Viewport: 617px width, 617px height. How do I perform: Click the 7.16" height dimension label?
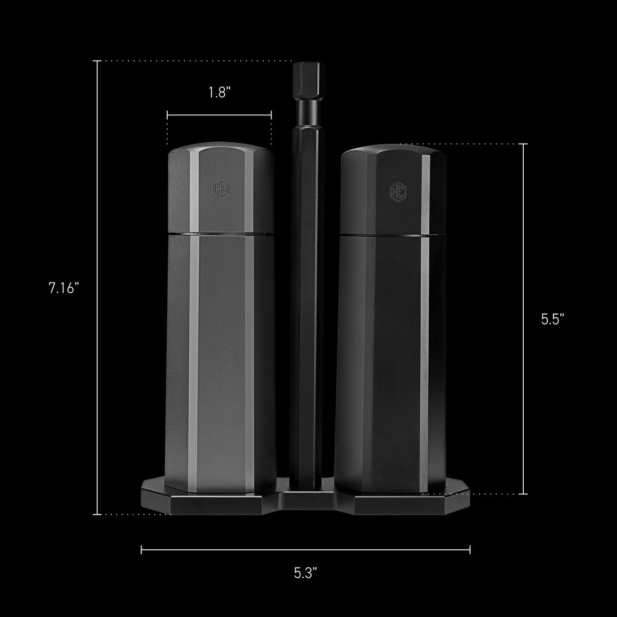click(64, 288)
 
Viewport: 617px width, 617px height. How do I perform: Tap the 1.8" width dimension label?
click(219, 93)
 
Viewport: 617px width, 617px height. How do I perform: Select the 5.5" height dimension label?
click(553, 319)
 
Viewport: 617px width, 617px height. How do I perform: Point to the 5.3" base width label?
click(305, 573)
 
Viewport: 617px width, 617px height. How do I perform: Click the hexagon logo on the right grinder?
click(397, 191)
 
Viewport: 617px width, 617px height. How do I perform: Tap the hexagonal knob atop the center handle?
click(308, 80)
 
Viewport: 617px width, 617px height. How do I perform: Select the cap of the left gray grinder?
click(220, 191)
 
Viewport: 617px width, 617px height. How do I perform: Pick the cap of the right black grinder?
click(393, 191)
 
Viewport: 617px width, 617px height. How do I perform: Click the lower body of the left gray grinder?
click(220, 364)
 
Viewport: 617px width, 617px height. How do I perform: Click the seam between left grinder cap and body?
click(220, 234)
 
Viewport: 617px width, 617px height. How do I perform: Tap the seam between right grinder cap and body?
click(393, 235)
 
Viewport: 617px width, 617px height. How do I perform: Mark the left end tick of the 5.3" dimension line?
click(141, 549)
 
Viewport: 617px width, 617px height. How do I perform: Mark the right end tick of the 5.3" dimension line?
click(470, 549)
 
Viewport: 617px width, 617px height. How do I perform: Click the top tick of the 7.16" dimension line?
click(97, 61)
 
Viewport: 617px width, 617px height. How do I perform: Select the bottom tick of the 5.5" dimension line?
click(524, 494)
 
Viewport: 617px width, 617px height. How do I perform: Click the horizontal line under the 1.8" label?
click(219, 115)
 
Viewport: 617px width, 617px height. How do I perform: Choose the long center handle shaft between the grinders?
click(307, 296)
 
